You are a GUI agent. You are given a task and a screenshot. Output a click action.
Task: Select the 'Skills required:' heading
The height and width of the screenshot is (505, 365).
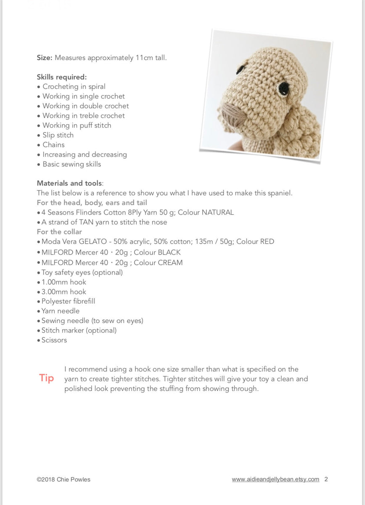62,77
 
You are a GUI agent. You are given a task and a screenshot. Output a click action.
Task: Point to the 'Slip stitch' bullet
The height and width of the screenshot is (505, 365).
58,135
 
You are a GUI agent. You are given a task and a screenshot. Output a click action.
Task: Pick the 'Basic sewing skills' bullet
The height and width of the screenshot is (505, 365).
71,164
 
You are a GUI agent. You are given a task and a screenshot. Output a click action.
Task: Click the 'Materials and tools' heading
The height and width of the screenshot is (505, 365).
69,183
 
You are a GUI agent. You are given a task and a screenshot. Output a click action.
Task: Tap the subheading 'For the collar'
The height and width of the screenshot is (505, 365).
59,232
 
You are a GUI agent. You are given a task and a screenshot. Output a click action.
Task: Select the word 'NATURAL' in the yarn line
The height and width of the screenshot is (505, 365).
217,213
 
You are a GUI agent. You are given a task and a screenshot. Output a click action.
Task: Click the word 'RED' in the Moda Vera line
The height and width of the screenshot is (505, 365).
267,242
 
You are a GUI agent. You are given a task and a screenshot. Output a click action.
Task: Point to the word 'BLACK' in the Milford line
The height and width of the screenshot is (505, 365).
169,252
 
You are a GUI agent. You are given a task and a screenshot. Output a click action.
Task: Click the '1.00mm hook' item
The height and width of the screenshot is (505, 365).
63,282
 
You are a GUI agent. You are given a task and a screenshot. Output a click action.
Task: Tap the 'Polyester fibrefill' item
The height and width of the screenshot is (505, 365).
68,301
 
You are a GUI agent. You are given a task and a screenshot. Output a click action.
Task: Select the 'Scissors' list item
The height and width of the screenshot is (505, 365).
54,340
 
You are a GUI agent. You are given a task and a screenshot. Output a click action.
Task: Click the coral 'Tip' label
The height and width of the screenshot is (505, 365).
47,378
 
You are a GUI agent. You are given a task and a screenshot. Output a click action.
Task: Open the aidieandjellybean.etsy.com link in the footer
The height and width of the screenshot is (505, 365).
275,479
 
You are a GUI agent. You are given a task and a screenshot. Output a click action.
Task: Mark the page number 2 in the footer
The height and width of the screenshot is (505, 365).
326,479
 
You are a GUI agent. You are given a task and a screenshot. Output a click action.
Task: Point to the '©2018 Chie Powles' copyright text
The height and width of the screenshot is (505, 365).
63,479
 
